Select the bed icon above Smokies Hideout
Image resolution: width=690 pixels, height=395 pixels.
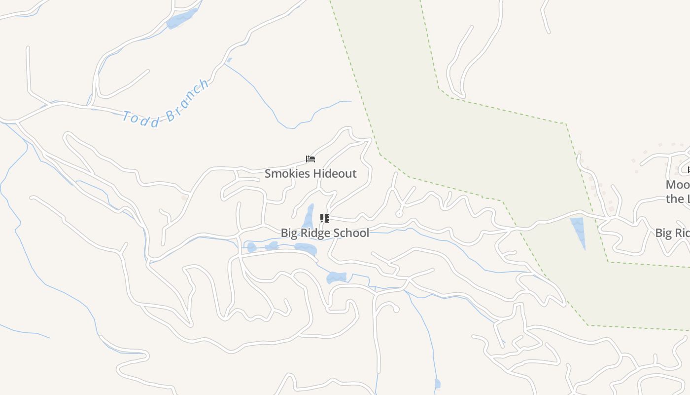coord(310,159)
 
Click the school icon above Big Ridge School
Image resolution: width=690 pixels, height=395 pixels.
coord(324,218)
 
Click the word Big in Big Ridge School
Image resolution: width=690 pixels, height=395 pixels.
coord(288,233)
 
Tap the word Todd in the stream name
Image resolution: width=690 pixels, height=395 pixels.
coord(140,119)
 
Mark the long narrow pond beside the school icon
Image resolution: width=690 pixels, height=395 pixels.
coord(309,217)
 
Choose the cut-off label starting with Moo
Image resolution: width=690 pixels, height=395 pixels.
coord(677,185)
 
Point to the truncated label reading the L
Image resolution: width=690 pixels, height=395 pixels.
coord(677,199)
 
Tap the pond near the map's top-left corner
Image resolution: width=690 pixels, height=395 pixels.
coord(181,19)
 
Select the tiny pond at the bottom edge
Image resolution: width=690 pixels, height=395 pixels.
coord(437,384)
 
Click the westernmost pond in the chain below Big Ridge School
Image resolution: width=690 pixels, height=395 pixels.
coord(252,247)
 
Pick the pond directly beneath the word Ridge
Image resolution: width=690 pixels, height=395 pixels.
coord(306,248)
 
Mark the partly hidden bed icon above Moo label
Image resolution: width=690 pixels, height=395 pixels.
coord(689,170)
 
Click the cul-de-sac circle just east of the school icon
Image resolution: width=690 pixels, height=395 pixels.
coord(399,214)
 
